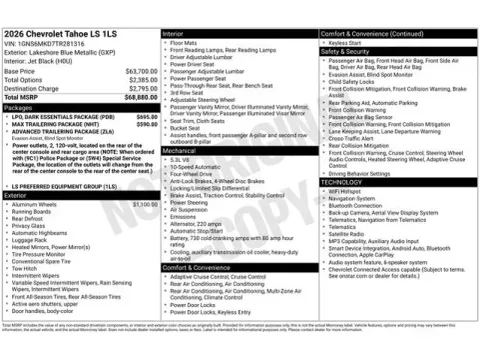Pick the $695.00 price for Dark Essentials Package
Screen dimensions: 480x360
(x=146, y=116)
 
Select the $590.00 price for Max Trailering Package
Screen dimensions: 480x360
(x=146, y=124)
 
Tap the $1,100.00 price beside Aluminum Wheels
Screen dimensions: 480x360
(x=145, y=203)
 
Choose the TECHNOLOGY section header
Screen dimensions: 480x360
(x=342, y=182)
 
